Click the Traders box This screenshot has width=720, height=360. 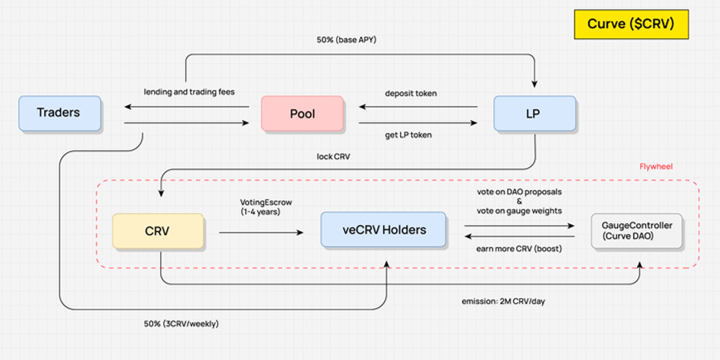click(59, 113)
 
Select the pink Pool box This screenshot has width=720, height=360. click(302, 114)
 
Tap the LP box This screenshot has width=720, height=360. click(534, 114)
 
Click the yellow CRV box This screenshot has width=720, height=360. click(158, 231)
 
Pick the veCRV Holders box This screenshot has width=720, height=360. click(384, 230)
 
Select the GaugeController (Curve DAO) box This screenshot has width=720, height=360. click(636, 231)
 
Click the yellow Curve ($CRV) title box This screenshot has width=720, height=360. click(631, 24)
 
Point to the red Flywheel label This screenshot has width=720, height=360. click(656, 167)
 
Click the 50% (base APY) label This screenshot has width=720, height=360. click(346, 40)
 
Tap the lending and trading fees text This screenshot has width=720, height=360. click(189, 92)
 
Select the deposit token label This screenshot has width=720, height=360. click(411, 94)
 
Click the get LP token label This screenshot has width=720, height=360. click(408, 135)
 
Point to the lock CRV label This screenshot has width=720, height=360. click(333, 157)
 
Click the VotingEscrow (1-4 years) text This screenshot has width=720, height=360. click(266, 207)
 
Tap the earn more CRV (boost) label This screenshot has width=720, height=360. click(519, 249)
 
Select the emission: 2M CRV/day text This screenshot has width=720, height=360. click(503, 301)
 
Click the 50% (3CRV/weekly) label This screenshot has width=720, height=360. click(181, 324)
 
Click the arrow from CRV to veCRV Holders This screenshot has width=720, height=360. click(261, 233)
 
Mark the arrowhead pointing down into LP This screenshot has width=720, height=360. click(535, 84)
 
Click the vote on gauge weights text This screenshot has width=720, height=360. click(519, 211)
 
